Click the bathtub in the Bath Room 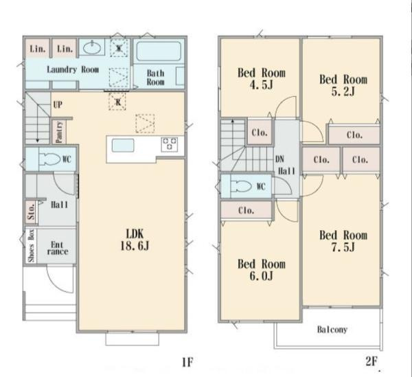coord(159,51)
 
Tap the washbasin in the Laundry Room coord(92,47)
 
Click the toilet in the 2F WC coord(241,186)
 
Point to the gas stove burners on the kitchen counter coord(169,144)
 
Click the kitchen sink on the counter coord(123,146)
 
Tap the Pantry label coord(59,132)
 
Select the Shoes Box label coord(32,246)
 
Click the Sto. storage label coord(31,212)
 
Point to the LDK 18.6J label coord(135,240)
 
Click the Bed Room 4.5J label coord(262,78)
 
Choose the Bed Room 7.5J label coord(343,241)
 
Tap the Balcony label coord(332,330)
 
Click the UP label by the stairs coord(58,104)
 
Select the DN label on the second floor coord(279,159)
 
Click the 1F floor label coord(187,363)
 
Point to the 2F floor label coord(371,362)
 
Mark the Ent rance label coord(58,248)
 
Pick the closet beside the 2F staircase coord(260,132)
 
